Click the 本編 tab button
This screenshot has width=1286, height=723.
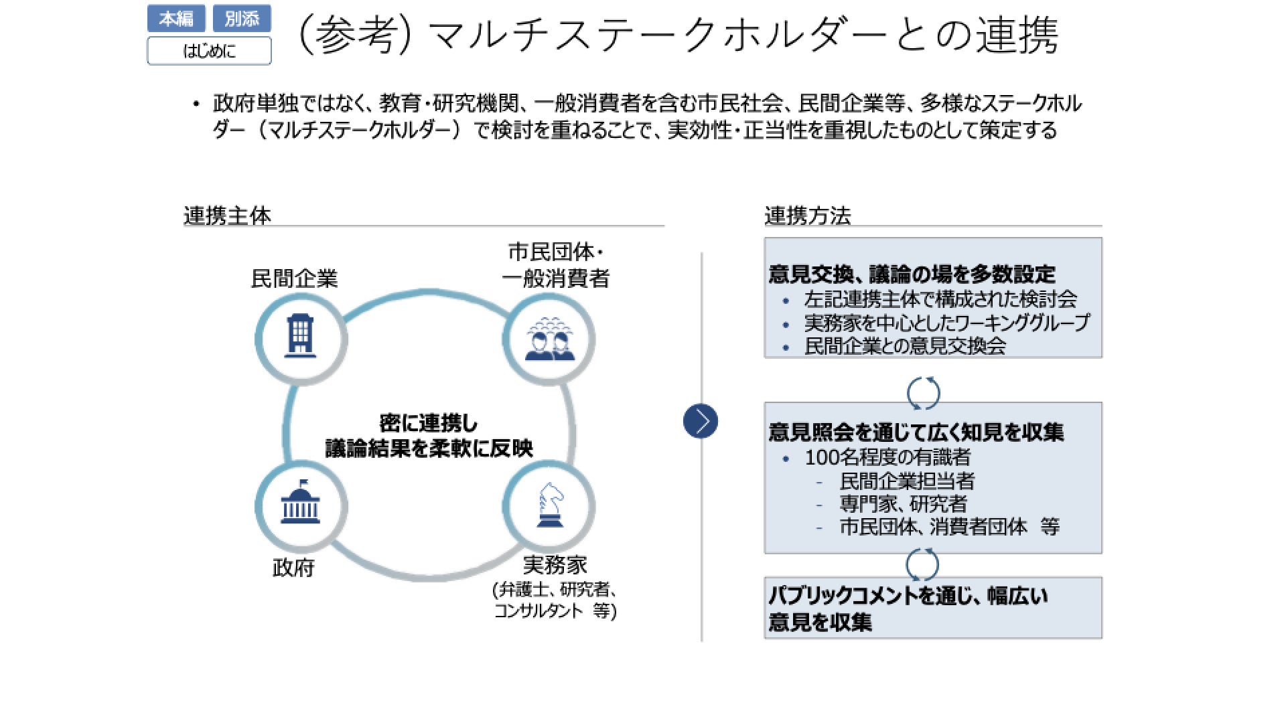(175, 19)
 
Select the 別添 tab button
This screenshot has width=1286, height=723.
(242, 19)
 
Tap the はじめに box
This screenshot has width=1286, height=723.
(209, 51)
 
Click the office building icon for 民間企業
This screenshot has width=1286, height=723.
(301, 338)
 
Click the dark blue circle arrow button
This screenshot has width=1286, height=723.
(701, 421)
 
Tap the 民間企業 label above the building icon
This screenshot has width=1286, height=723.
(294, 278)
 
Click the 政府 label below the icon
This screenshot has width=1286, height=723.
(293, 568)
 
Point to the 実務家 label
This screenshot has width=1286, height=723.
(555, 565)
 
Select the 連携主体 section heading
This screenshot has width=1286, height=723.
(227, 216)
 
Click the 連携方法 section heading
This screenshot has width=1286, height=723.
(808, 216)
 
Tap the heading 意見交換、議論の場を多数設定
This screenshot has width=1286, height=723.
(912, 274)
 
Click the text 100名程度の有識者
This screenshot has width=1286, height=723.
(887, 457)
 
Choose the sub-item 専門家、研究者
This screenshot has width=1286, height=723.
(903, 503)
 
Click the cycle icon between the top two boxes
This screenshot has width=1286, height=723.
(923, 393)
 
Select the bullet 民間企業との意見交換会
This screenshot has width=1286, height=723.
(905, 346)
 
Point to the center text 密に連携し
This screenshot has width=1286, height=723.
(429, 423)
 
